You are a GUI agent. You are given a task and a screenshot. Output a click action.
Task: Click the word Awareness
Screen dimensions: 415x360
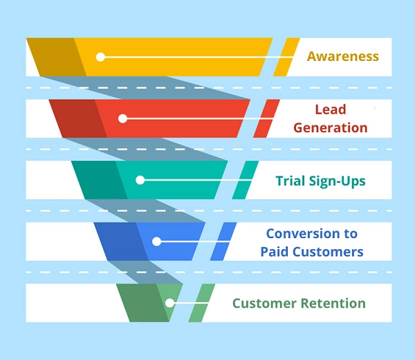point(343,56)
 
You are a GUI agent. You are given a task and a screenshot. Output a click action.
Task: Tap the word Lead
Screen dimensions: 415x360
point(331,109)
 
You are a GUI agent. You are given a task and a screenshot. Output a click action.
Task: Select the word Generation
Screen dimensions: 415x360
point(331,127)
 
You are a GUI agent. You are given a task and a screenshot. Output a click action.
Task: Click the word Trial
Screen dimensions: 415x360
point(290,181)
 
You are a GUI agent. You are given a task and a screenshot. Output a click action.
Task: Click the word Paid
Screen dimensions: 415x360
point(274,251)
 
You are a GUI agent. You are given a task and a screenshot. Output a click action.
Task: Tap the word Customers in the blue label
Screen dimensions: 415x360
point(328,252)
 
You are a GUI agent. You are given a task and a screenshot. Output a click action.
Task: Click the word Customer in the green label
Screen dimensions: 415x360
point(264,303)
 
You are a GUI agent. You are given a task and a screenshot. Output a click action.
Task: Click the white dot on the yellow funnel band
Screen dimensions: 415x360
point(100,57)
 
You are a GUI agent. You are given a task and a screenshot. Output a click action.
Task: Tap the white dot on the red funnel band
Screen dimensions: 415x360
point(122,118)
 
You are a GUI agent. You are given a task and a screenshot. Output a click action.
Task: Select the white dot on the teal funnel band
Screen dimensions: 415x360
point(140,180)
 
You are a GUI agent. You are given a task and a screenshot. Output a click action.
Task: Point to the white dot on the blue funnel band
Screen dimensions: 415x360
point(157,242)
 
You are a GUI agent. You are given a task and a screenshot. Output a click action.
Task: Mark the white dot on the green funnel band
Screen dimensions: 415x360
point(169,303)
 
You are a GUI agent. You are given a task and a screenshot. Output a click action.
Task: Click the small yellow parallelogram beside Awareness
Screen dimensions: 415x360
point(286,57)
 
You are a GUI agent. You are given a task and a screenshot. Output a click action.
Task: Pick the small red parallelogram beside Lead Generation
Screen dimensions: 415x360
point(266,118)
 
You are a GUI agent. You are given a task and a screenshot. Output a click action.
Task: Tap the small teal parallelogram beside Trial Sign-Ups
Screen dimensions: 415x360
point(246,180)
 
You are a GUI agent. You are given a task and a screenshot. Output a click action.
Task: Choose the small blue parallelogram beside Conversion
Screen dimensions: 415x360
point(223,242)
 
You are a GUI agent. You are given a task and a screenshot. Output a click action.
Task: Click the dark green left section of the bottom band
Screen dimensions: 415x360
point(142,303)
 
